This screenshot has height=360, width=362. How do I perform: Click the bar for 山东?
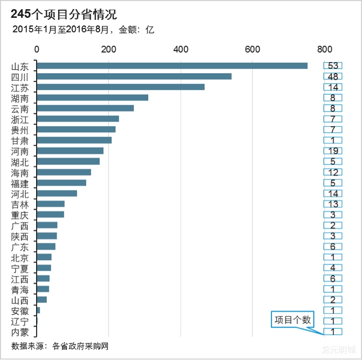(x=172, y=66)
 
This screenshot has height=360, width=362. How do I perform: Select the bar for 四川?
(x=134, y=76)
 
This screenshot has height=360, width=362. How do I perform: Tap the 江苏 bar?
(x=121, y=87)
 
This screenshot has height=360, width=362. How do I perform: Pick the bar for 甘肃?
(x=74, y=140)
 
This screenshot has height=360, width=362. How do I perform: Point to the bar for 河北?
(x=57, y=193)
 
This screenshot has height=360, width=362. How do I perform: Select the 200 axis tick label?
(x=108, y=49)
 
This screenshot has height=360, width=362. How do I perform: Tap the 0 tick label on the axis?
(x=37, y=49)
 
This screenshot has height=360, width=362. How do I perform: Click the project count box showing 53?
(x=333, y=66)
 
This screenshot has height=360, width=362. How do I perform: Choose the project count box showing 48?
(x=333, y=76)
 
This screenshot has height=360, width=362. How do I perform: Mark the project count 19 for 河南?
(x=333, y=151)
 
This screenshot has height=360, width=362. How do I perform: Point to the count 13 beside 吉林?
(x=333, y=204)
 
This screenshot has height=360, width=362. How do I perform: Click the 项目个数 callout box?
(x=292, y=320)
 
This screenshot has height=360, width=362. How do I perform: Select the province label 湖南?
(x=20, y=98)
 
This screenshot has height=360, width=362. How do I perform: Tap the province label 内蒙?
(x=20, y=333)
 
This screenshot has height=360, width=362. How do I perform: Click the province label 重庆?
(x=20, y=215)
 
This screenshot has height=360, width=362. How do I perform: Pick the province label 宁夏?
(x=20, y=268)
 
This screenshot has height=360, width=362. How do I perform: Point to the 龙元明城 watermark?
(x=338, y=349)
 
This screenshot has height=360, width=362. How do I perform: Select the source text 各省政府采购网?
(x=80, y=346)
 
